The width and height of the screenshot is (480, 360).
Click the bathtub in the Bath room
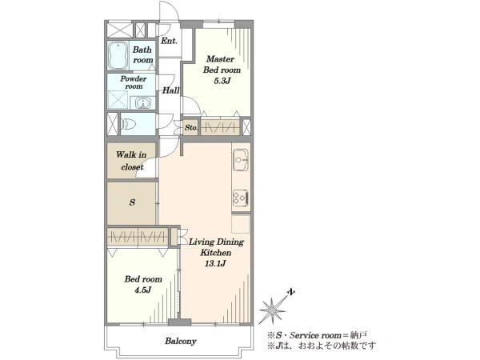click(x=118, y=55)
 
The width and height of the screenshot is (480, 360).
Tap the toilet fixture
click(x=128, y=124)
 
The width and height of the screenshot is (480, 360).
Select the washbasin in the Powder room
click(x=142, y=102)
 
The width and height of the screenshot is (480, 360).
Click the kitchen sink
click(x=241, y=160)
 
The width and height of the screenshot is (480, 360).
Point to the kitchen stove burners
click(x=241, y=198)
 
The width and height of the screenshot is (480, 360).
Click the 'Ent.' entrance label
click(x=169, y=41)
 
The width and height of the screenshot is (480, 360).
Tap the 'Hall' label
click(x=170, y=90)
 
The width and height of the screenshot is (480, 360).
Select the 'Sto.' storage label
click(x=191, y=128)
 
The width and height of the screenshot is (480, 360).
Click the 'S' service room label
click(x=132, y=202)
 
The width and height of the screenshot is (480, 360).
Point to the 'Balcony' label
click(x=181, y=341)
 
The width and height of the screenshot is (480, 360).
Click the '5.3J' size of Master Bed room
click(x=222, y=81)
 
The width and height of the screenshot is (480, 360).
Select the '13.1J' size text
click(x=215, y=263)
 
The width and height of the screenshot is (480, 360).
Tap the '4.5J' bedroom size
click(x=143, y=290)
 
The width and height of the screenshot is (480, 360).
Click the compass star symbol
click(x=272, y=310)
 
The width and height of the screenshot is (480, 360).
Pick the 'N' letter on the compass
click(x=291, y=292)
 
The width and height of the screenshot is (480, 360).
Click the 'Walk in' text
click(x=131, y=154)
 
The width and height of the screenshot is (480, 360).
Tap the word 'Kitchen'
click(x=216, y=253)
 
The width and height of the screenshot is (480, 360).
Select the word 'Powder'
click(x=133, y=78)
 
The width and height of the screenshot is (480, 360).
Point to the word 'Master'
click(x=221, y=58)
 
